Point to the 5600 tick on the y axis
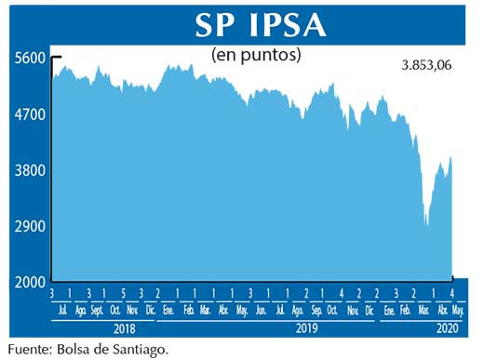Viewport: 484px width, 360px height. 29,58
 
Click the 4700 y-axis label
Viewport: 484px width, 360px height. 29,114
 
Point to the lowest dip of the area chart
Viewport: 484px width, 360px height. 426,224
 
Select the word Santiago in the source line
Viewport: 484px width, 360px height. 142,350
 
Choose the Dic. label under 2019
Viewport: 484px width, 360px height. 370,309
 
